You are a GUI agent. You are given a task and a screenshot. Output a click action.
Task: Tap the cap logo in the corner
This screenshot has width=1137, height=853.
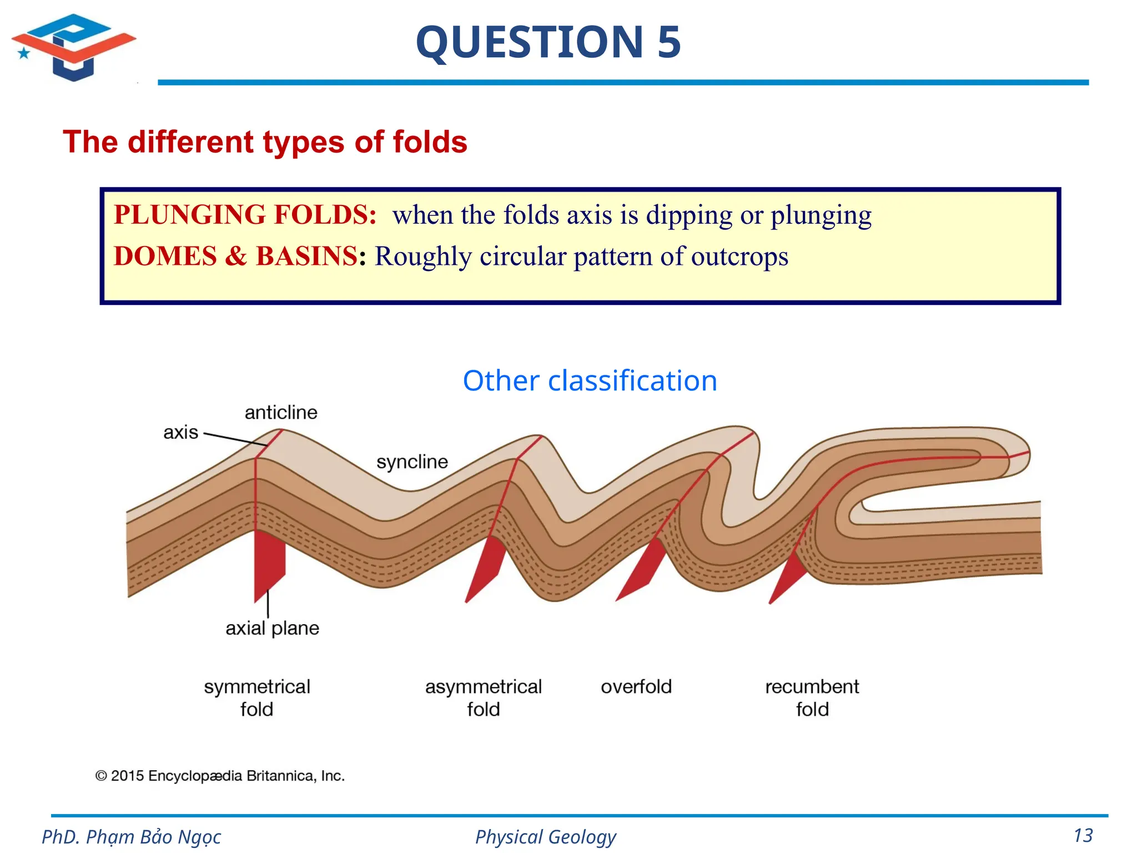point(73,47)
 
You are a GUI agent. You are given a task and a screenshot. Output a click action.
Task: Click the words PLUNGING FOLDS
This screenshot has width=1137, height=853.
point(245,215)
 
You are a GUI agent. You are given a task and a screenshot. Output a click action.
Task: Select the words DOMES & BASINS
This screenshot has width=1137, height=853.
point(235,257)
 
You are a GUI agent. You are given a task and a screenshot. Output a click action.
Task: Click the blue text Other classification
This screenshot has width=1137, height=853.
point(590,381)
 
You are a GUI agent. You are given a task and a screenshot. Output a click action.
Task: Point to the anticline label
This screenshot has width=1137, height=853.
point(281,413)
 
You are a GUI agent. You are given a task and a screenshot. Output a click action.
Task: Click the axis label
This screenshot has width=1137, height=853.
point(180,432)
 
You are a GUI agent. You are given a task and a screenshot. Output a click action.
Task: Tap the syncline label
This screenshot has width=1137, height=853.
point(412,461)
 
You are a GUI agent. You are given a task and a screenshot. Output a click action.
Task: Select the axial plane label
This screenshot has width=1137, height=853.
point(272,628)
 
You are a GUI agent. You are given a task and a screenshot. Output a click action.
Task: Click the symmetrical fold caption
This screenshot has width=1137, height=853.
point(257,698)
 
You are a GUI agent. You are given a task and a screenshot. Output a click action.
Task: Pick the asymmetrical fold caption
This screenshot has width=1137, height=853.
point(483,698)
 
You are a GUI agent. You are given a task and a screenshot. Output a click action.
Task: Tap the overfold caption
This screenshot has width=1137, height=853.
point(636,687)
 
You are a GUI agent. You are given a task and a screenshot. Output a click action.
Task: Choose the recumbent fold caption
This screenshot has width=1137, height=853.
point(812,698)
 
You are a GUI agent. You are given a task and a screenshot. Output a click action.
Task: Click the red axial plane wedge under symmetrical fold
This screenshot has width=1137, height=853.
point(268,564)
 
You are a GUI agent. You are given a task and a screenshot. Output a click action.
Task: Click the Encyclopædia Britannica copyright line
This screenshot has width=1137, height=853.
point(220,776)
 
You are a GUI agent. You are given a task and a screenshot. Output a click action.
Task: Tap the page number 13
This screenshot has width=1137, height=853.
point(1083,836)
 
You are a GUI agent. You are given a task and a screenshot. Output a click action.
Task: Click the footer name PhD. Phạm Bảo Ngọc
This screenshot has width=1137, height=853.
point(132,836)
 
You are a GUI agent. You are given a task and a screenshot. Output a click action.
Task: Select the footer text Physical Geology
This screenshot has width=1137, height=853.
point(545,836)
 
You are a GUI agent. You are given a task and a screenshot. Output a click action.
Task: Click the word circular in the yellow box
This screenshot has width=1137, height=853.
point(522,257)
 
